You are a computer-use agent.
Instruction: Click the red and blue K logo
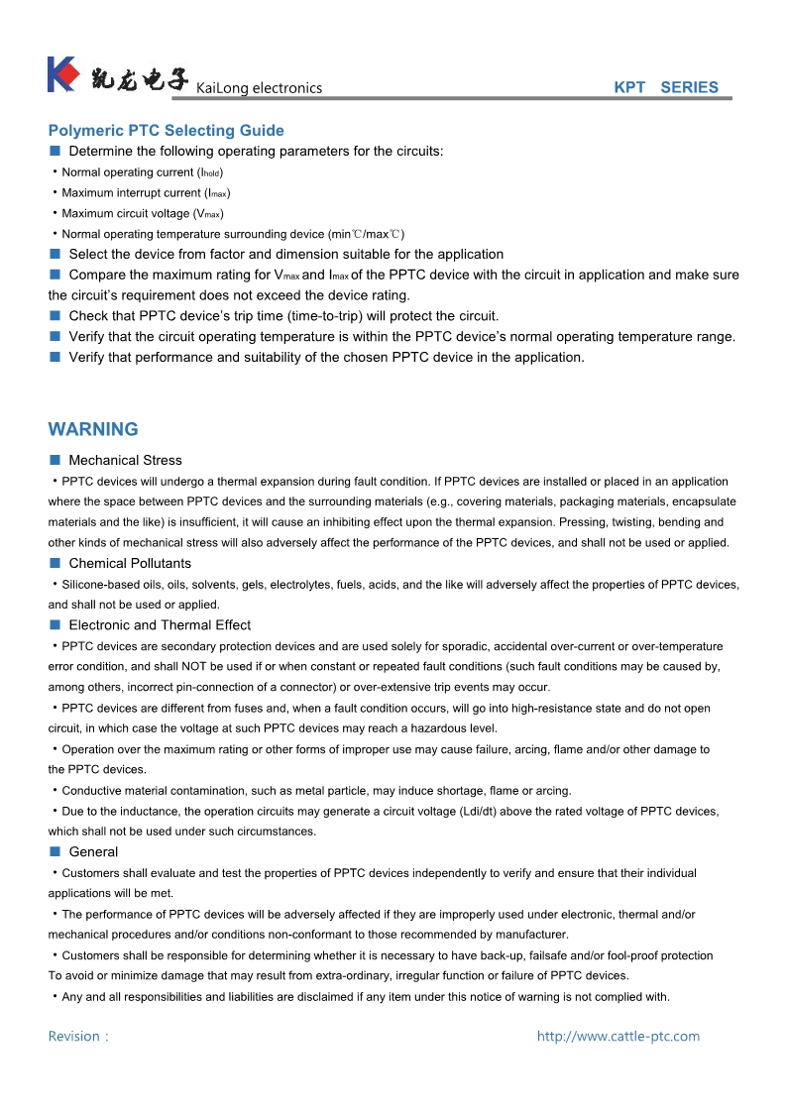click(62, 75)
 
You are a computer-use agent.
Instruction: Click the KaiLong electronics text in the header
click(260, 88)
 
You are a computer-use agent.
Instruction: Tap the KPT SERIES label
click(666, 87)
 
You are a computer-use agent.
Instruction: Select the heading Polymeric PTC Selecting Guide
click(166, 131)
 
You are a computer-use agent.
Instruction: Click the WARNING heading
click(93, 429)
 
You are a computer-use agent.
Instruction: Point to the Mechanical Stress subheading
click(125, 460)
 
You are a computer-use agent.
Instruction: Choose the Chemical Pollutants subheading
click(130, 563)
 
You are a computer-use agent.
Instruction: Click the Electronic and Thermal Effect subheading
click(160, 624)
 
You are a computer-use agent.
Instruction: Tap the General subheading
click(93, 851)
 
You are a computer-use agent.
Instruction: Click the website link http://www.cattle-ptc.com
click(618, 1036)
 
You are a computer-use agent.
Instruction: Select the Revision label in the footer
click(77, 1036)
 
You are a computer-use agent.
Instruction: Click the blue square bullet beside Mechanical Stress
click(56, 460)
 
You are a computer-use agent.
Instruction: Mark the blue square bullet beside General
click(56, 851)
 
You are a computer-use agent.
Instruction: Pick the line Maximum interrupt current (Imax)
click(146, 193)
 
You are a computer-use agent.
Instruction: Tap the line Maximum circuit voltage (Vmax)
click(142, 213)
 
